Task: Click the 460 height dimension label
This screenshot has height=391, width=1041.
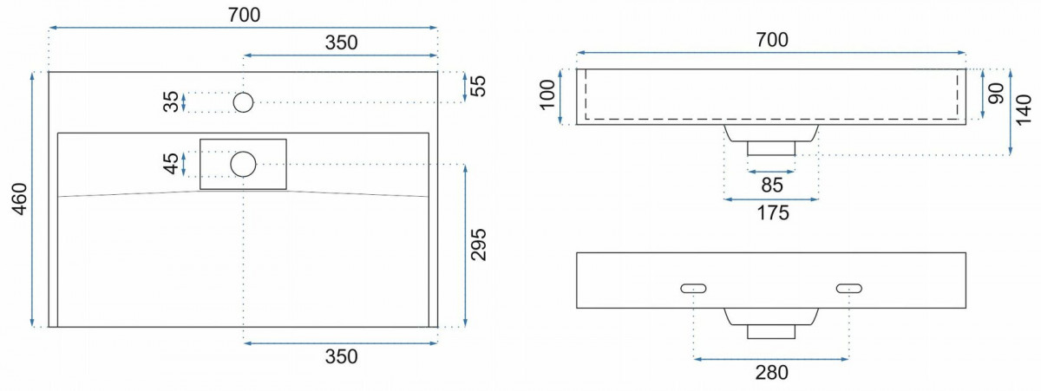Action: tap(19, 199)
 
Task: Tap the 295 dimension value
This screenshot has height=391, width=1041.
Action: tap(478, 244)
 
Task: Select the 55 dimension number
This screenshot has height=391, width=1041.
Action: tap(478, 86)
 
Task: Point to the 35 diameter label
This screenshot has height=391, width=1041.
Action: tap(171, 101)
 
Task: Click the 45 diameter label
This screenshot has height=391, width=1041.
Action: tap(171, 164)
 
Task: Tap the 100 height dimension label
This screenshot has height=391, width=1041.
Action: tap(547, 94)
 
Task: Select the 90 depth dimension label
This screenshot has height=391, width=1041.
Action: tap(996, 94)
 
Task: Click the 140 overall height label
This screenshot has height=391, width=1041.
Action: tap(1024, 110)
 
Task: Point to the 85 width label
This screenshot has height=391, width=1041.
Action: tap(772, 186)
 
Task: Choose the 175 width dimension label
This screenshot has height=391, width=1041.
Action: tap(773, 213)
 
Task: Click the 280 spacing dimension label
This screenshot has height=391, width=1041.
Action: tap(771, 373)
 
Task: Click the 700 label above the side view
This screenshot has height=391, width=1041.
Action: tap(772, 40)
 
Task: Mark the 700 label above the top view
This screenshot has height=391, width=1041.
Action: tap(244, 15)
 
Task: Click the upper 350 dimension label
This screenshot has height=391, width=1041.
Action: tap(341, 42)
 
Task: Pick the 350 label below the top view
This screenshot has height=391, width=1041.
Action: tap(341, 356)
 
